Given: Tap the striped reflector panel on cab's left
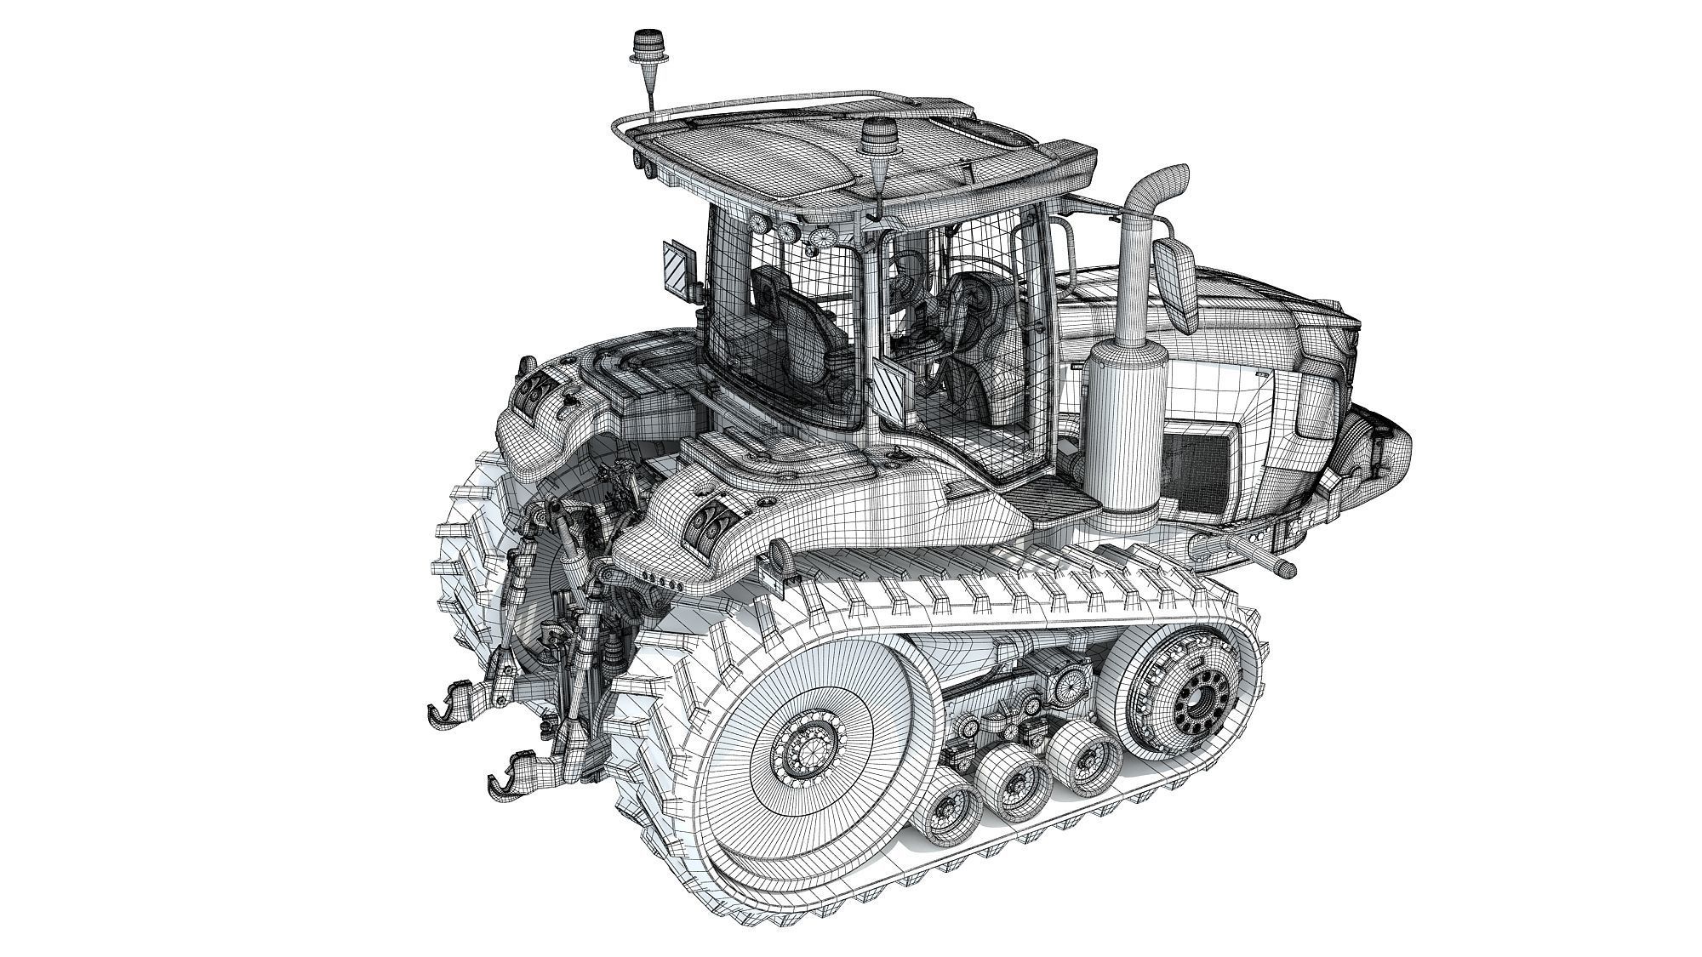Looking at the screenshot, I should click(678, 268).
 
